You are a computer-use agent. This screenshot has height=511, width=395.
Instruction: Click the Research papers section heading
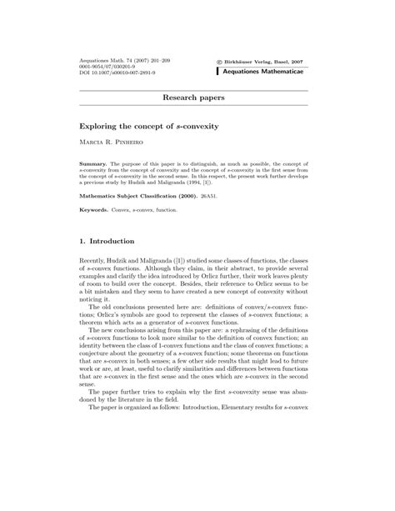(x=197, y=98)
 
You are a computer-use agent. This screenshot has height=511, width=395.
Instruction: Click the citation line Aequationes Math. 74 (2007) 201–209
(x=118, y=62)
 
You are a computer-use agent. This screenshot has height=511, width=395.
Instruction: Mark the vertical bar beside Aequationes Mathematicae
(x=217, y=73)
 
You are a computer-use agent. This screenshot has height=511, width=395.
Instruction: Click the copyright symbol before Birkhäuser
(x=219, y=62)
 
